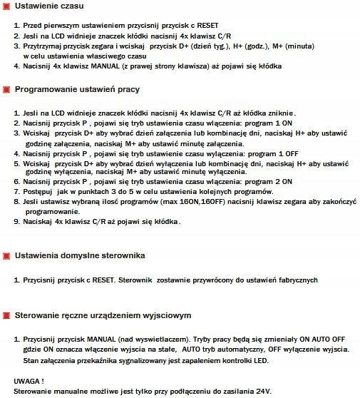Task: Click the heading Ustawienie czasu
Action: pyautogui.click(x=51, y=8)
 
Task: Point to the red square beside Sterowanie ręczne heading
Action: pyautogui.click(x=6, y=315)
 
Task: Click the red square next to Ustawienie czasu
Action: pyautogui.click(x=6, y=8)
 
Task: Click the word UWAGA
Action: pyautogui.click(x=29, y=381)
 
